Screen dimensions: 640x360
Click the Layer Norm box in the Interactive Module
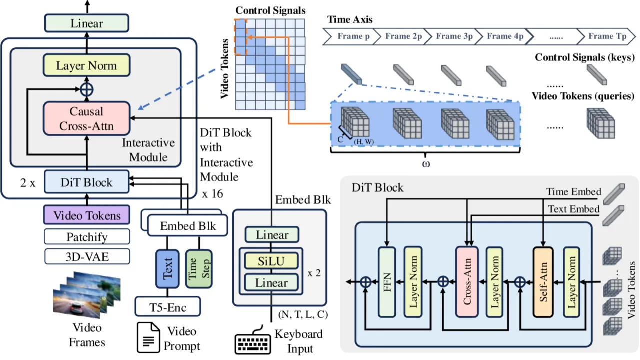[87, 65]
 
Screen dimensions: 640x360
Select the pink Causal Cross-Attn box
[87, 118]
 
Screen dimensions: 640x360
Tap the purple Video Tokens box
[87, 215]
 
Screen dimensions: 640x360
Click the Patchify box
[87, 237]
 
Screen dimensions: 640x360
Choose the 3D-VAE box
[87, 257]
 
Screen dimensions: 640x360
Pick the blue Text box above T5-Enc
[167, 269]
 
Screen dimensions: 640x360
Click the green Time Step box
[199, 269]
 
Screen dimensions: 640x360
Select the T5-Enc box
[168, 307]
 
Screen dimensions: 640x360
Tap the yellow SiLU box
[271, 261]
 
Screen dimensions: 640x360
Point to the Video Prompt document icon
[148, 337]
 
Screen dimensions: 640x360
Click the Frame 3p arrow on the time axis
[453, 36]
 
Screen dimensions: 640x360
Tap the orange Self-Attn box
[543, 282]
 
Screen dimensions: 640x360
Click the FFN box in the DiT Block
[387, 282]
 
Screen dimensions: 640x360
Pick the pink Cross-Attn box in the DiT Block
[467, 282]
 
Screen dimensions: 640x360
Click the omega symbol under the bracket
[425, 164]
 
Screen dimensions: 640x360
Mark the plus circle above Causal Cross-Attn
[87, 90]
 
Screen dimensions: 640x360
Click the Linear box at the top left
[87, 23]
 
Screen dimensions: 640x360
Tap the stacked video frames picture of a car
[87, 295]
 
